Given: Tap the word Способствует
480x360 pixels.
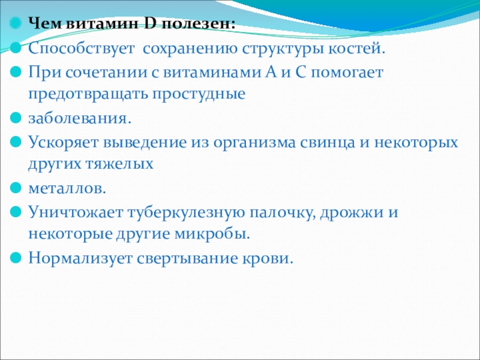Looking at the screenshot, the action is coord(82,50).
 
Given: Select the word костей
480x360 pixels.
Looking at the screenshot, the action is coord(357,49).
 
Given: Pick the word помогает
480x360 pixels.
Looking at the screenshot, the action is coord(347,73).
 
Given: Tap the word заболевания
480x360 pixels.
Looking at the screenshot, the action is coord(80,118).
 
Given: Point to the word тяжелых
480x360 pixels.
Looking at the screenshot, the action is coord(119,164).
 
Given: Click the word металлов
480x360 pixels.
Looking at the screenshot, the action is coord(67,188).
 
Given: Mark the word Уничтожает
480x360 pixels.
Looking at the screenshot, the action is coord(76,212).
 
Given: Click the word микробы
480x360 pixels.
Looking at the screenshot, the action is coord(212,235).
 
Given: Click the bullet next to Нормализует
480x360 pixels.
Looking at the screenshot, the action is coord(16,257).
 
